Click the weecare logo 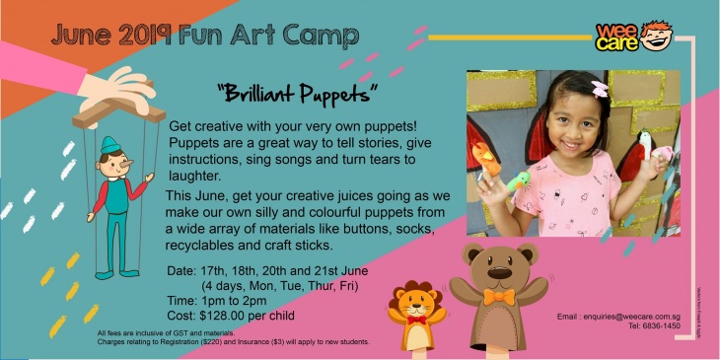(639, 37)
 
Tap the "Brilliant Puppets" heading (299, 94)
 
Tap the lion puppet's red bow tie (416, 320)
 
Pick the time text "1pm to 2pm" (237, 300)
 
